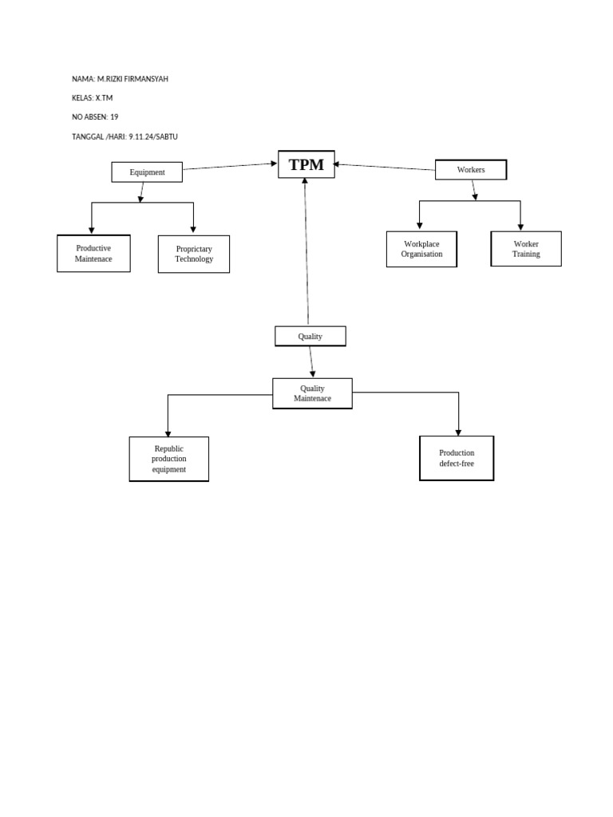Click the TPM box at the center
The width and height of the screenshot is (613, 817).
pos(306,164)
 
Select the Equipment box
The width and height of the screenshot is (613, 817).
pos(147,172)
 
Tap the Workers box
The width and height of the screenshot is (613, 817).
pos(471,170)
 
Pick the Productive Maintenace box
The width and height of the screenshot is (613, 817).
pos(93,254)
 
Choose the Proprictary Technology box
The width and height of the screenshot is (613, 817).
pos(194,255)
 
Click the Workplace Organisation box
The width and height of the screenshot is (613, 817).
pos(421,249)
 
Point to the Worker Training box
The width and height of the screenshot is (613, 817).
pos(526,249)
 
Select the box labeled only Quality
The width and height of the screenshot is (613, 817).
pos(310,337)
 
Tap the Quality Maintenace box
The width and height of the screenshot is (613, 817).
pos(312,393)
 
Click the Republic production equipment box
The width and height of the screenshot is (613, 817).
pos(169,459)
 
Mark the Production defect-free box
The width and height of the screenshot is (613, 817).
pos(457,458)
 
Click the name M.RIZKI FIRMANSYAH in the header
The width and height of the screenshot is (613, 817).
pos(132,79)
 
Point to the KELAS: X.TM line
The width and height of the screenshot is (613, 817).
pos(93,98)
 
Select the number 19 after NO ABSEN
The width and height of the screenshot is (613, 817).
pos(114,117)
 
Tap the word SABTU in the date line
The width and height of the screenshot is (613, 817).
pos(166,136)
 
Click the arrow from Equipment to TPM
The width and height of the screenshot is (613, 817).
pos(230,166)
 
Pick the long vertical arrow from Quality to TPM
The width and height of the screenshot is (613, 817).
pos(306,251)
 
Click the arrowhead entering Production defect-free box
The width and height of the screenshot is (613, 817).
pos(459,431)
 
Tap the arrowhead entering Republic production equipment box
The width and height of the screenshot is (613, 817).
pos(168,432)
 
